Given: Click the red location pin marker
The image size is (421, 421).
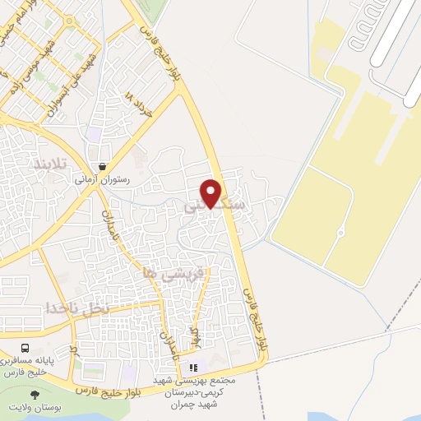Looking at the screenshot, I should coord(211,192).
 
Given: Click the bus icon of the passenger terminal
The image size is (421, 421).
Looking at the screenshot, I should coord(25,349).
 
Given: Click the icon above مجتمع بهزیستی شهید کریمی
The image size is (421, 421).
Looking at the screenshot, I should coord(194,368).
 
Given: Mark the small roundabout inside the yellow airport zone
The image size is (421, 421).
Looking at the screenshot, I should coord(340,234).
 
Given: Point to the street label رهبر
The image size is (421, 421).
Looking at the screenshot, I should coord(195,333).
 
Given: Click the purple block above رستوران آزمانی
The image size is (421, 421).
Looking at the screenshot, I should coord(95,133).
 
